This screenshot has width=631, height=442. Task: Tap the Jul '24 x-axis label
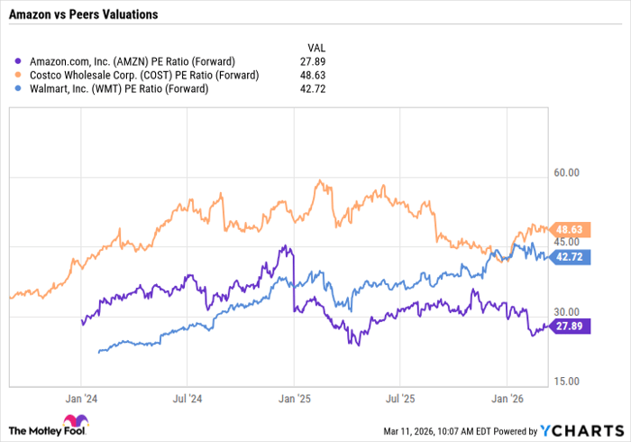[x=187, y=396]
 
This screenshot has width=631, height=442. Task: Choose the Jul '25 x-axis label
[x=398, y=396]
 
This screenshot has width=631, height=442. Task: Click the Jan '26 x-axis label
[x=507, y=396]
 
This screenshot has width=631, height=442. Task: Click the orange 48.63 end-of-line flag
[x=570, y=230]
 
